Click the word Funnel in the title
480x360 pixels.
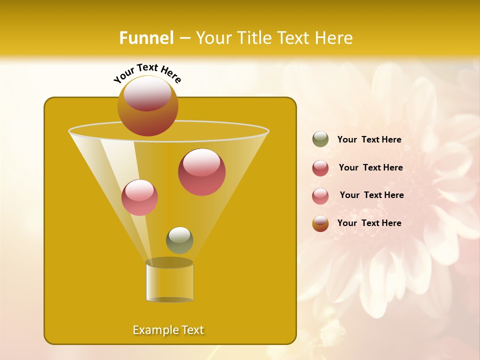[146, 38]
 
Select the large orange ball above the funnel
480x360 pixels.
[147, 106]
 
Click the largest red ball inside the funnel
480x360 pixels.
[201, 171]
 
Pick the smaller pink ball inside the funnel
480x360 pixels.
[139, 197]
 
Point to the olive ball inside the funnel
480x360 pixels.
[179, 240]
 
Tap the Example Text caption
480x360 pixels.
[168, 330]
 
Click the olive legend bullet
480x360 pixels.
[320, 139]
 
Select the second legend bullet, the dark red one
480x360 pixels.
[320, 168]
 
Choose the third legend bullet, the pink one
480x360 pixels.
[320, 195]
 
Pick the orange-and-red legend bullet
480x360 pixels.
[320, 223]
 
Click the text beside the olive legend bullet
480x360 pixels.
[369, 140]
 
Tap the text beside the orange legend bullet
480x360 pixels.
[369, 223]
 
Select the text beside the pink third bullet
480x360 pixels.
[371, 195]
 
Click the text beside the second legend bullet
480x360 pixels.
[370, 167]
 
